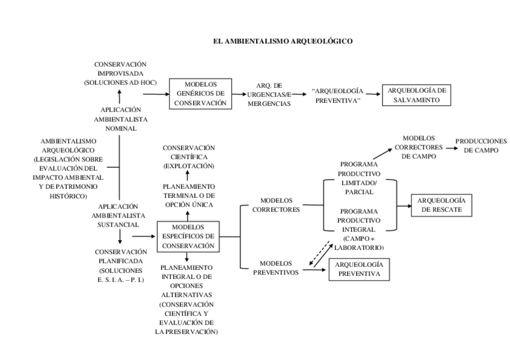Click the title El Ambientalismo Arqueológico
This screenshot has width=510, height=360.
(x=283, y=41)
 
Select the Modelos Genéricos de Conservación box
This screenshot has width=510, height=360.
(x=200, y=94)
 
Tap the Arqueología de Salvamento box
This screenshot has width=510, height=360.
(x=416, y=95)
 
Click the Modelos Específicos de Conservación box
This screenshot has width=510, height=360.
(x=188, y=237)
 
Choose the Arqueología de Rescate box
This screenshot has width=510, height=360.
(x=441, y=206)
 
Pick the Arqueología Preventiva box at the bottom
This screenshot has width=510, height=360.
(x=359, y=269)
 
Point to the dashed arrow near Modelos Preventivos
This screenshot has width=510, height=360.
(x=319, y=253)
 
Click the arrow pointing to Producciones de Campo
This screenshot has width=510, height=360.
(x=452, y=148)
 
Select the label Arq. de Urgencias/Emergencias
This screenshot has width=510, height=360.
(x=269, y=94)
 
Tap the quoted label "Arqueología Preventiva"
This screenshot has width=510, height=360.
(x=337, y=96)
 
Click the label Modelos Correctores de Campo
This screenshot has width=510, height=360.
(x=419, y=147)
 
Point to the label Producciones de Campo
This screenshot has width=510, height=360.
(x=481, y=145)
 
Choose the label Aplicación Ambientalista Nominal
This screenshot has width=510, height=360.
(x=121, y=119)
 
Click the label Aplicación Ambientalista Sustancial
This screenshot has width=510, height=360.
(x=118, y=215)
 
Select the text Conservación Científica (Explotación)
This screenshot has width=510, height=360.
(x=189, y=157)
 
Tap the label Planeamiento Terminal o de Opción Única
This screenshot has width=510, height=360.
(x=189, y=195)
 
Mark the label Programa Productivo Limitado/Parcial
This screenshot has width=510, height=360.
(x=359, y=178)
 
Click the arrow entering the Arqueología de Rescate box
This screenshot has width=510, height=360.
(x=404, y=206)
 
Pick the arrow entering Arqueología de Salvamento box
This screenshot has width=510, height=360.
(x=373, y=94)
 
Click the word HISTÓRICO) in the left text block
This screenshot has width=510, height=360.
(x=69, y=197)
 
